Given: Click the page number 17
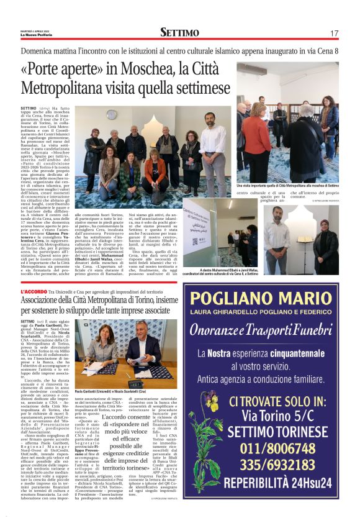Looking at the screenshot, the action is tap(334, 33).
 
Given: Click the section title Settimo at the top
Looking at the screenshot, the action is tap(179, 32).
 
